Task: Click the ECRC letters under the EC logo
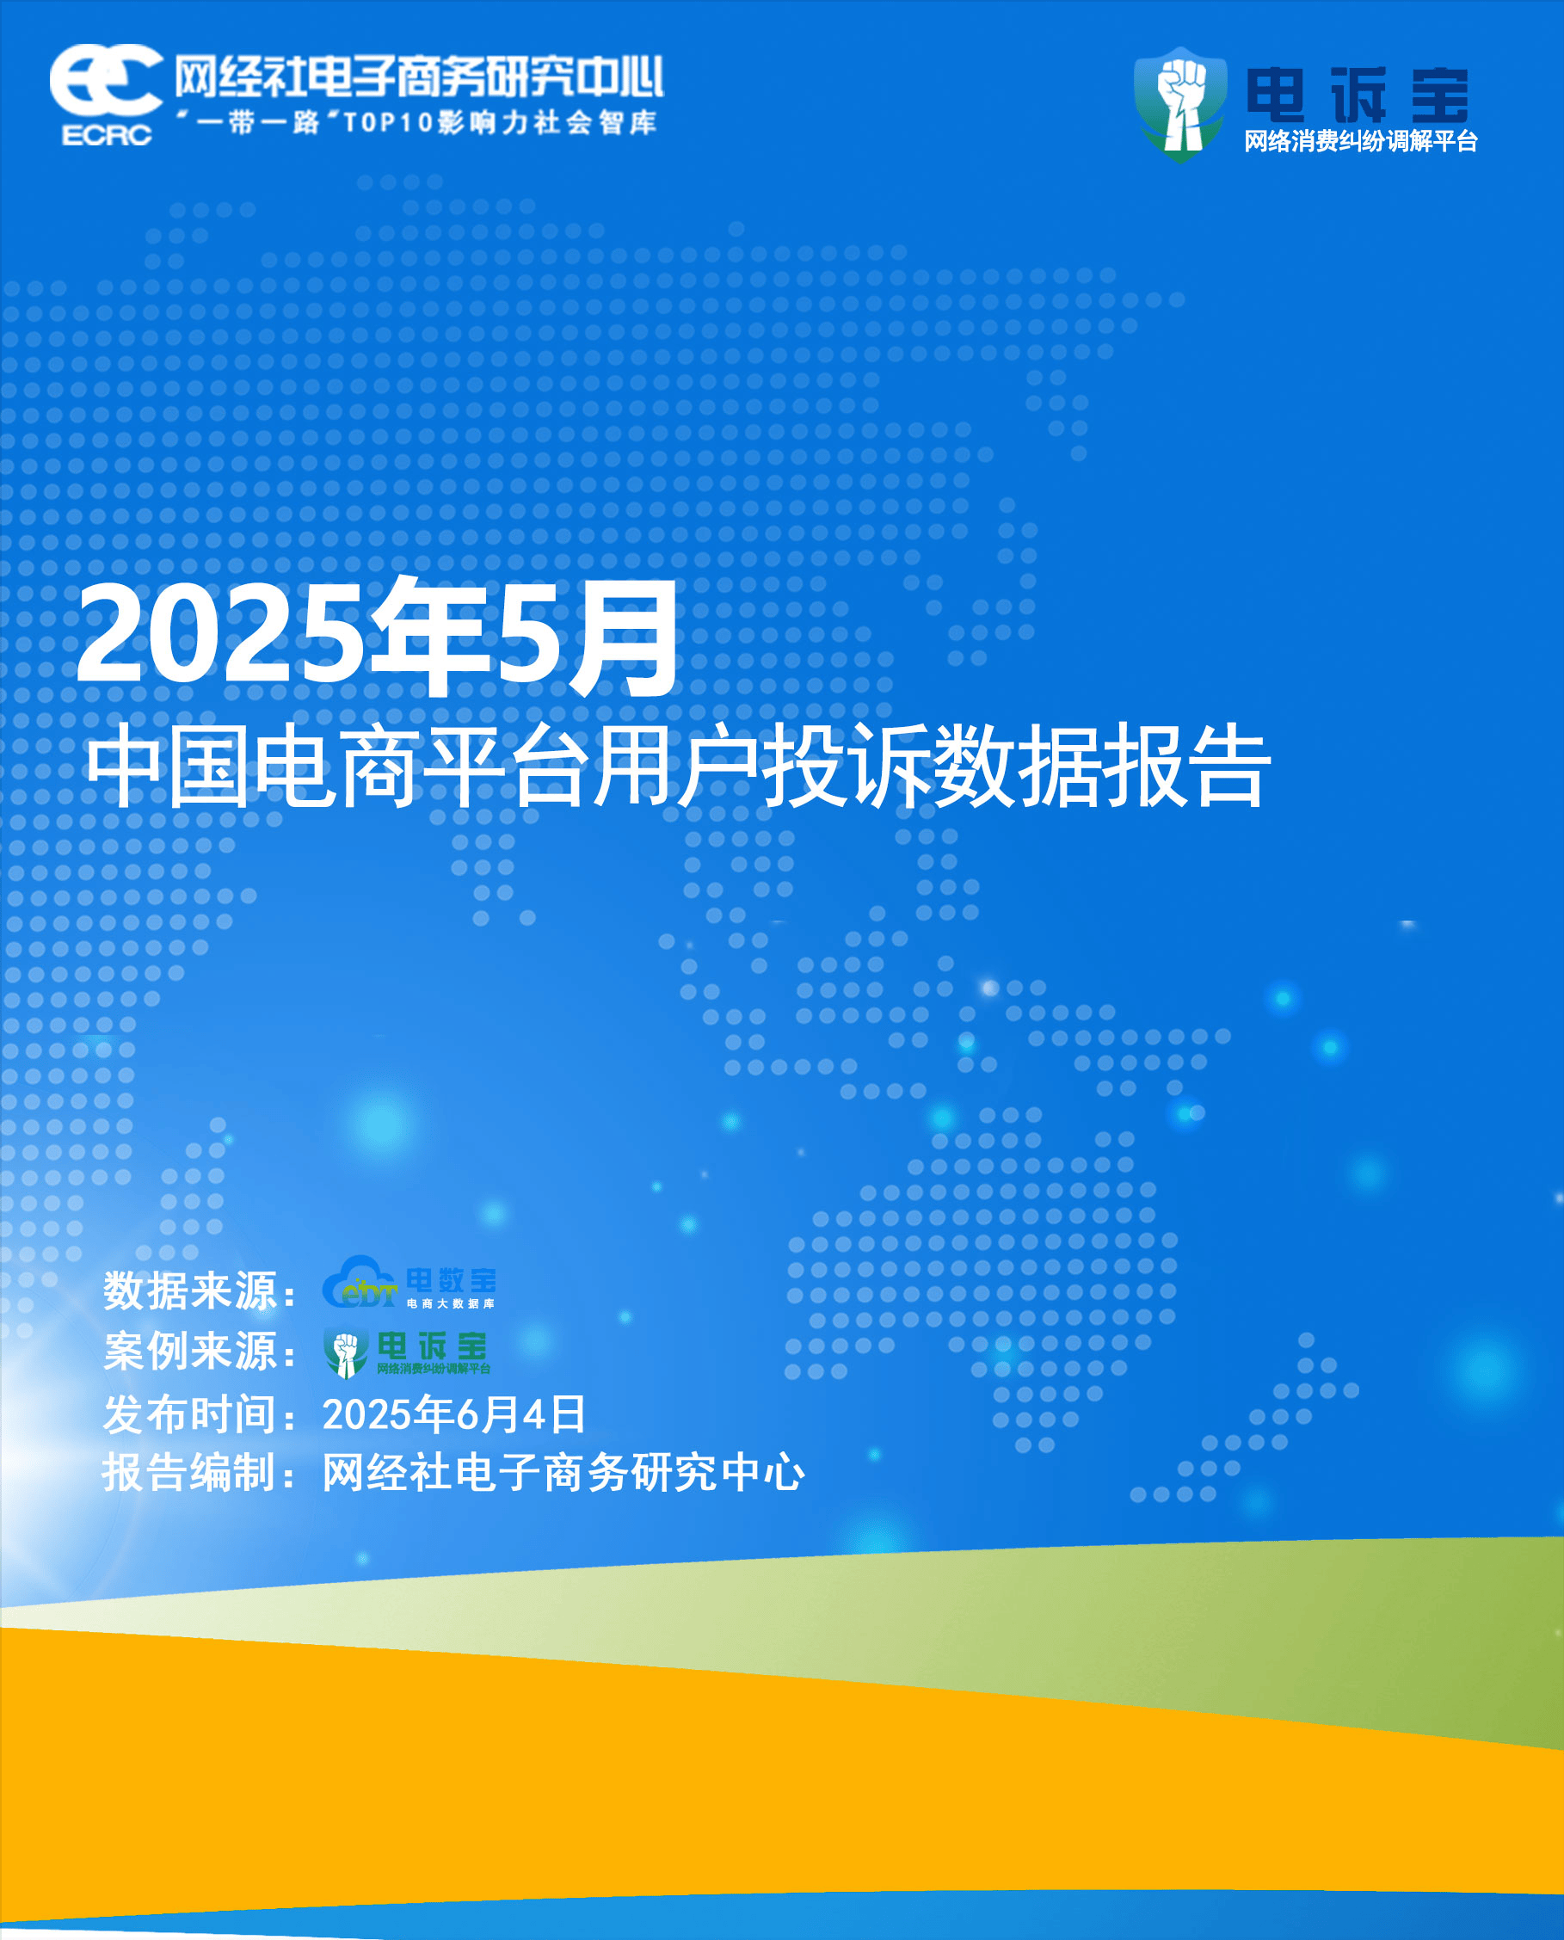[x=107, y=135]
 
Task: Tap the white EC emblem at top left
[x=107, y=80]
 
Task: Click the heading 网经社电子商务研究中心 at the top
[x=419, y=77]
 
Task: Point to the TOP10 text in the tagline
[x=388, y=121]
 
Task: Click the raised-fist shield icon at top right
[x=1180, y=104]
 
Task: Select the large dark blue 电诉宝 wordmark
[x=1358, y=95]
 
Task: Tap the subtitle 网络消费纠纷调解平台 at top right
[x=1360, y=141]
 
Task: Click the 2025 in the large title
[x=221, y=632]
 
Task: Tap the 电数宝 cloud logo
[x=408, y=1282]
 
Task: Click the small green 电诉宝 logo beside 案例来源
[x=406, y=1352]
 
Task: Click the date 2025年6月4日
[x=453, y=1413]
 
